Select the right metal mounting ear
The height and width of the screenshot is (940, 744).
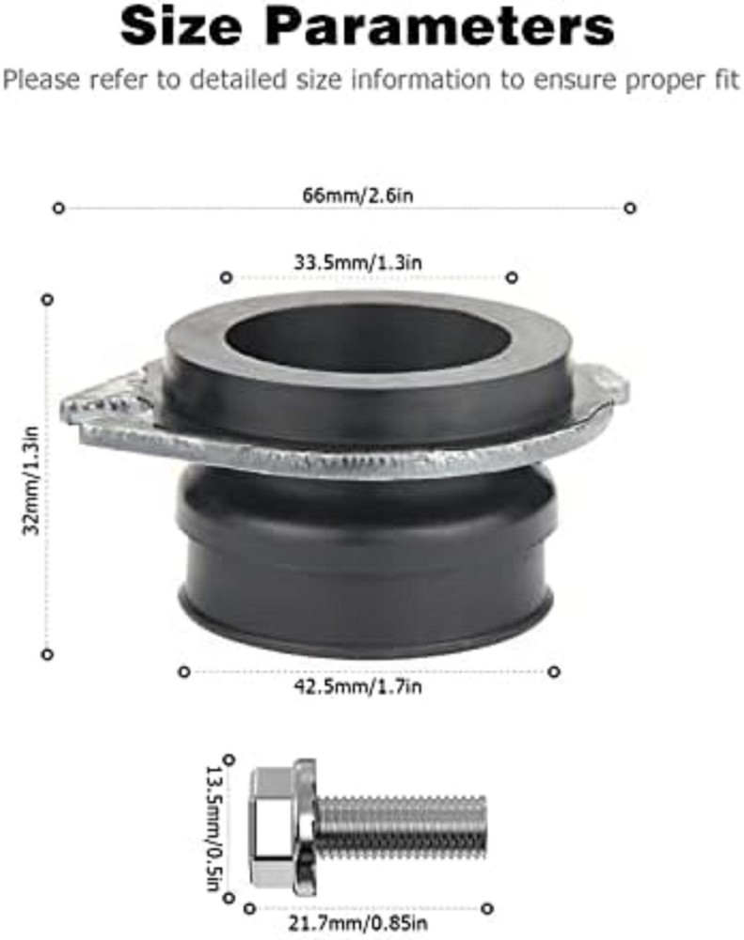click(607, 385)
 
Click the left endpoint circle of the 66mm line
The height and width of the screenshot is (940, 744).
click(59, 208)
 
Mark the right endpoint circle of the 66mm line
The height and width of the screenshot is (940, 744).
click(630, 208)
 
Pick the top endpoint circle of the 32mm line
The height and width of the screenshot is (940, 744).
click(47, 299)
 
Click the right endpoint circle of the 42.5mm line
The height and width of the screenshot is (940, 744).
click(554, 671)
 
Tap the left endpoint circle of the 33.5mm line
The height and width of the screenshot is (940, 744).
click(226, 277)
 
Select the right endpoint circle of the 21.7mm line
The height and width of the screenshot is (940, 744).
click(488, 908)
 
